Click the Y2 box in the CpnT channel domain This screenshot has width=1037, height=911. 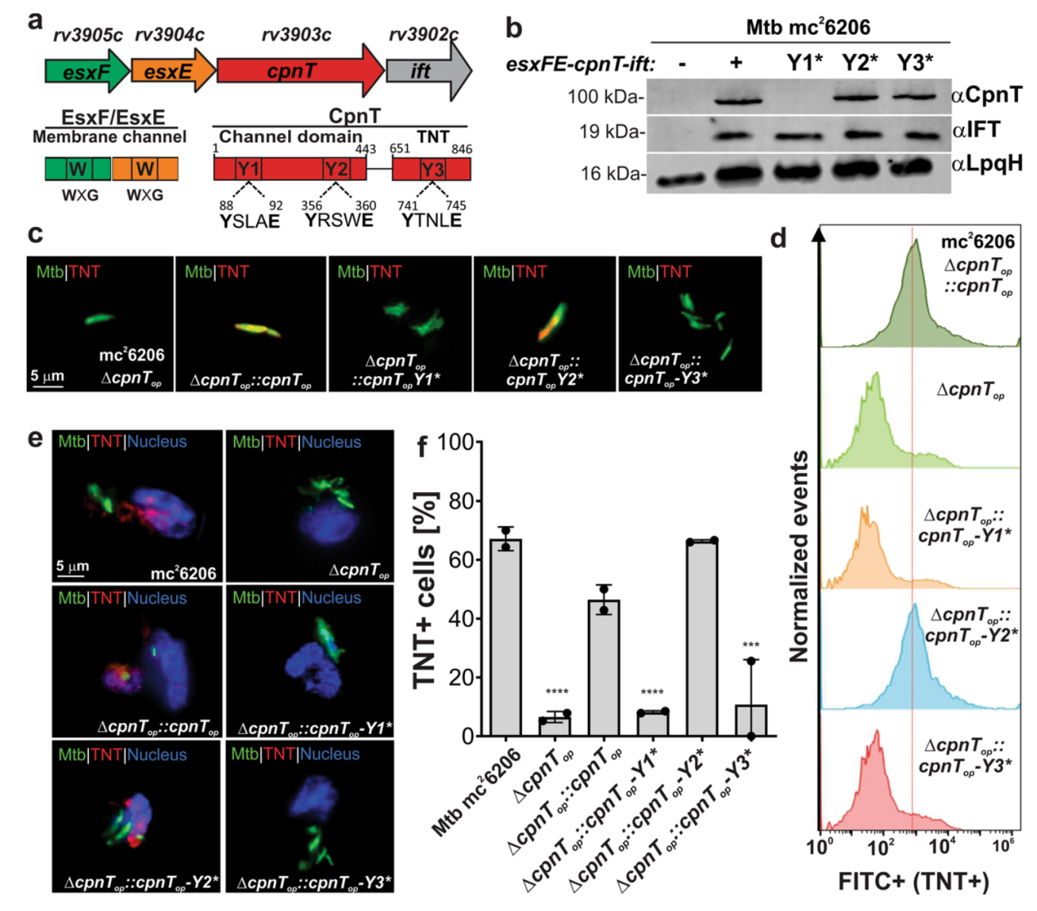tap(336, 169)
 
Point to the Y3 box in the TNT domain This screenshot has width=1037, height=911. tap(432, 169)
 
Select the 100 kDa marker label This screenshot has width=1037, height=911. tap(605, 97)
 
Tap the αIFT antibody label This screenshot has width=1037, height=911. tap(975, 130)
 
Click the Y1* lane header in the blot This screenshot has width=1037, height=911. tap(805, 62)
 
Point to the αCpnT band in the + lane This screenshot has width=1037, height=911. tap(735, 99)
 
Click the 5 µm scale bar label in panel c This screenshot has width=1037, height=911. tap(47, 377)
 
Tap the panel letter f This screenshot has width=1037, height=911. tap(422, 446)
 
